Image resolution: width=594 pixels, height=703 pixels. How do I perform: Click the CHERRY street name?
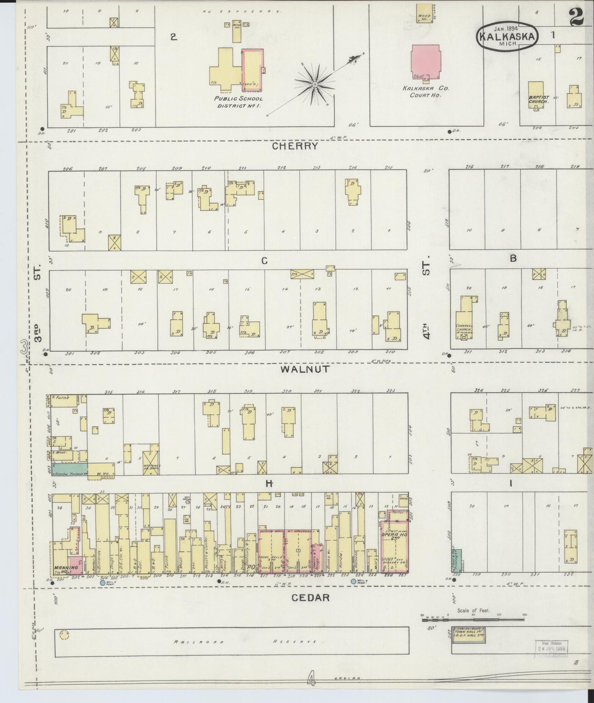point(295,146)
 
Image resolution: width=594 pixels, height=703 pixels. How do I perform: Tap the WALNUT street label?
point(305,369)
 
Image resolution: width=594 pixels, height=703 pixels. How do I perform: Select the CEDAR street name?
point(310,598)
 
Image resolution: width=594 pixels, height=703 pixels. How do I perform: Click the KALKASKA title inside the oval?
point(507,37)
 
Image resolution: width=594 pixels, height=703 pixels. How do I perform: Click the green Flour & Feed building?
point(457,560)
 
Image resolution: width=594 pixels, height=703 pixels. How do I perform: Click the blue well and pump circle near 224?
point(353,582)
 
